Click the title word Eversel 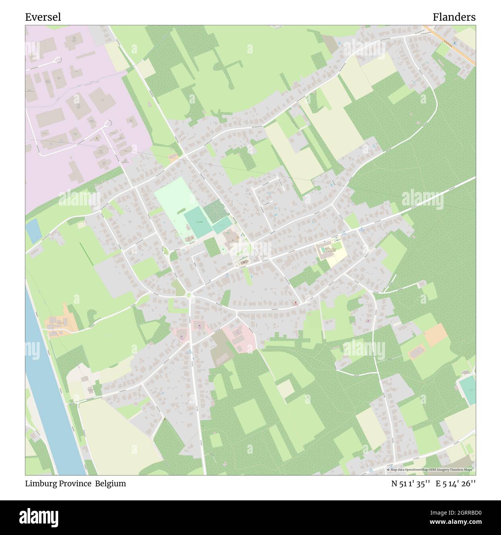[43, 17]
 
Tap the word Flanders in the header [454, 17]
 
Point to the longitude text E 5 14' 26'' [456, 484]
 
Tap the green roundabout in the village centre [189, 295]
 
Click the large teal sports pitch [198, 222]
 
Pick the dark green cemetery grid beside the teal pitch [213, 211]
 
